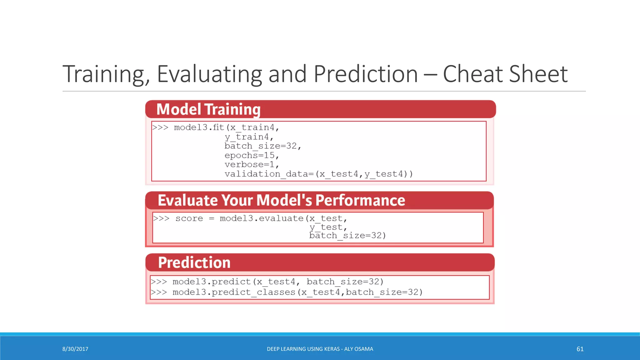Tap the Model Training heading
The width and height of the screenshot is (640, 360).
208,109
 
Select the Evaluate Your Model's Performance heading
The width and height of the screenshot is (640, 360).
281,200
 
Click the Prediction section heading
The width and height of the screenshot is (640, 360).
194,262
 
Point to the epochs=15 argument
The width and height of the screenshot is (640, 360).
251,155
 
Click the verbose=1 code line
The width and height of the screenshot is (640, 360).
251,165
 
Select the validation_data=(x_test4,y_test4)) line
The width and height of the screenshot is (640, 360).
318,174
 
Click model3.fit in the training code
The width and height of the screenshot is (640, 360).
199,127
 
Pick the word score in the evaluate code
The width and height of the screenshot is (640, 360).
189,218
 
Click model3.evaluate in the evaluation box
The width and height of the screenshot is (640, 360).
262,218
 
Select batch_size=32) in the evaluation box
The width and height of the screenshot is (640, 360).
347,236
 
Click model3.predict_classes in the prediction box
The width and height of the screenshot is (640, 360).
234,292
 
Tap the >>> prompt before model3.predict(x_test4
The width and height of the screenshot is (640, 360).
159,282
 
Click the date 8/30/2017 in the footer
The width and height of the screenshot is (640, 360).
75,349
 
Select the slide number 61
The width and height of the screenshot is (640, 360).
580,349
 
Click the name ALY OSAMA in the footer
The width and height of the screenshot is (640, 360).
358,349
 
